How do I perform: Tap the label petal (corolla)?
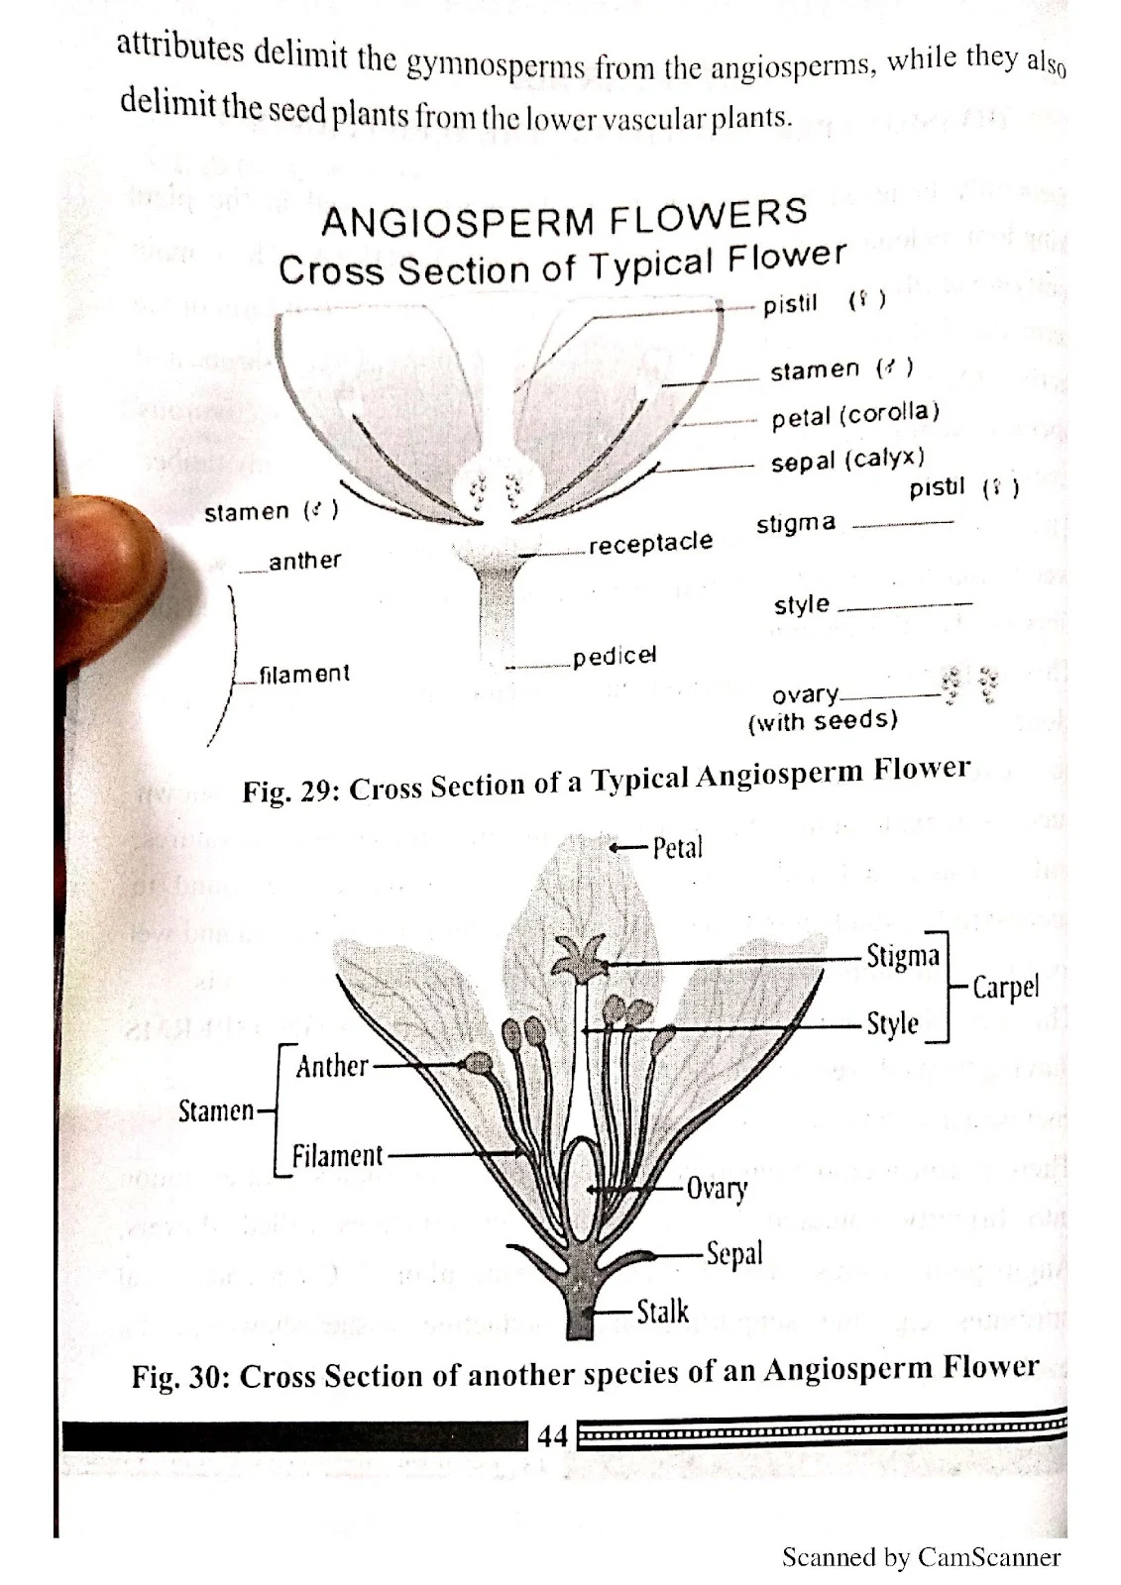pyautogui.click(x=855, y=414)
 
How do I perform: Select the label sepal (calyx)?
pyautogui.click(x=847, y=461)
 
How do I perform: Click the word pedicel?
pyautogui.click(x=616, y=657)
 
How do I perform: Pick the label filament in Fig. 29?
pyautogui.click(x=304, y=675)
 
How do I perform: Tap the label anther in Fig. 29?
pyautogui.click(x=304, y=561)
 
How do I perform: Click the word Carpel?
pyautogui.click(x=1005, y=987)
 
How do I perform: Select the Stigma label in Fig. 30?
pyautogui.click(x=902, y=956)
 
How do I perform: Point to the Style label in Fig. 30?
pyautogui.click(x=892, y=1023)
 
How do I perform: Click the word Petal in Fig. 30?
pyautogui.click(x=677, y=848)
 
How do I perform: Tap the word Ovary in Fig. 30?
pyautogui.click(x=717, y=1188)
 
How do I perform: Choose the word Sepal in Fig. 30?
pyautogui.click(x=733, y=1253)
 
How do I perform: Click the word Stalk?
pyautogui.click(x=662, y=1312)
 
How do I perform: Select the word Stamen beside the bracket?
pyautogui.click(x=216, y=1110)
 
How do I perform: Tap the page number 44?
pyautogui.click(x=552, y=1434)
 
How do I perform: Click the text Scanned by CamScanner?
pyautogui.click(x=921, y=1557)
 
